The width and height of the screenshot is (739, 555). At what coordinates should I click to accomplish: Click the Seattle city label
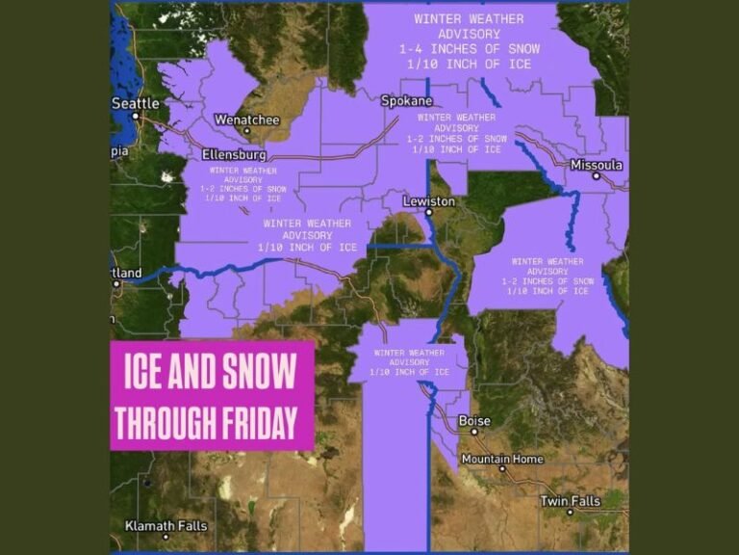pos(136,103)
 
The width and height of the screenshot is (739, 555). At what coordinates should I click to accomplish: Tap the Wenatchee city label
pos(246,119)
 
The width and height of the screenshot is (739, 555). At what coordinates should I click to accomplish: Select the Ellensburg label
pos(234,154)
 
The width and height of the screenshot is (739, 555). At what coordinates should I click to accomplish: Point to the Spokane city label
pos(406,100)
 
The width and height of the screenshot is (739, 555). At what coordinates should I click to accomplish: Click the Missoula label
pos(597,165)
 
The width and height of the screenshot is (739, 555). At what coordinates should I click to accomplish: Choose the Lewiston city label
pos(429,201)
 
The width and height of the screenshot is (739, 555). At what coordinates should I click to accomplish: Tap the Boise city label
pos(473,421)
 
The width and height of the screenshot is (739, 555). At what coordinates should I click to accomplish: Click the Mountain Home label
pos(502,459)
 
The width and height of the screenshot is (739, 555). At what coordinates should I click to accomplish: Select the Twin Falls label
pos(570,501)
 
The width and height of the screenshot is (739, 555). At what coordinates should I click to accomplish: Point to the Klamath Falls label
pos(166,525)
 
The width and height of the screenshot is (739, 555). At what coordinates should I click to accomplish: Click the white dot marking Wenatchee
pos(247,131)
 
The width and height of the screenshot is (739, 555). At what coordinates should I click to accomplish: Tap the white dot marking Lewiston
pos(429,212)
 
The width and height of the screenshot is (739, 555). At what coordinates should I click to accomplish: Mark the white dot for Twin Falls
pos(570,512)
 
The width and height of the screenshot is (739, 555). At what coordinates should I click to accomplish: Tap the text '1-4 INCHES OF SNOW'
pos(469,48)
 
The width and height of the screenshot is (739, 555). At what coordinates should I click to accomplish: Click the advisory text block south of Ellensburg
pos(242,184)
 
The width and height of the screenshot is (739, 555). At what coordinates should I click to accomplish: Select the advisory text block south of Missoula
pos(547,276)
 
